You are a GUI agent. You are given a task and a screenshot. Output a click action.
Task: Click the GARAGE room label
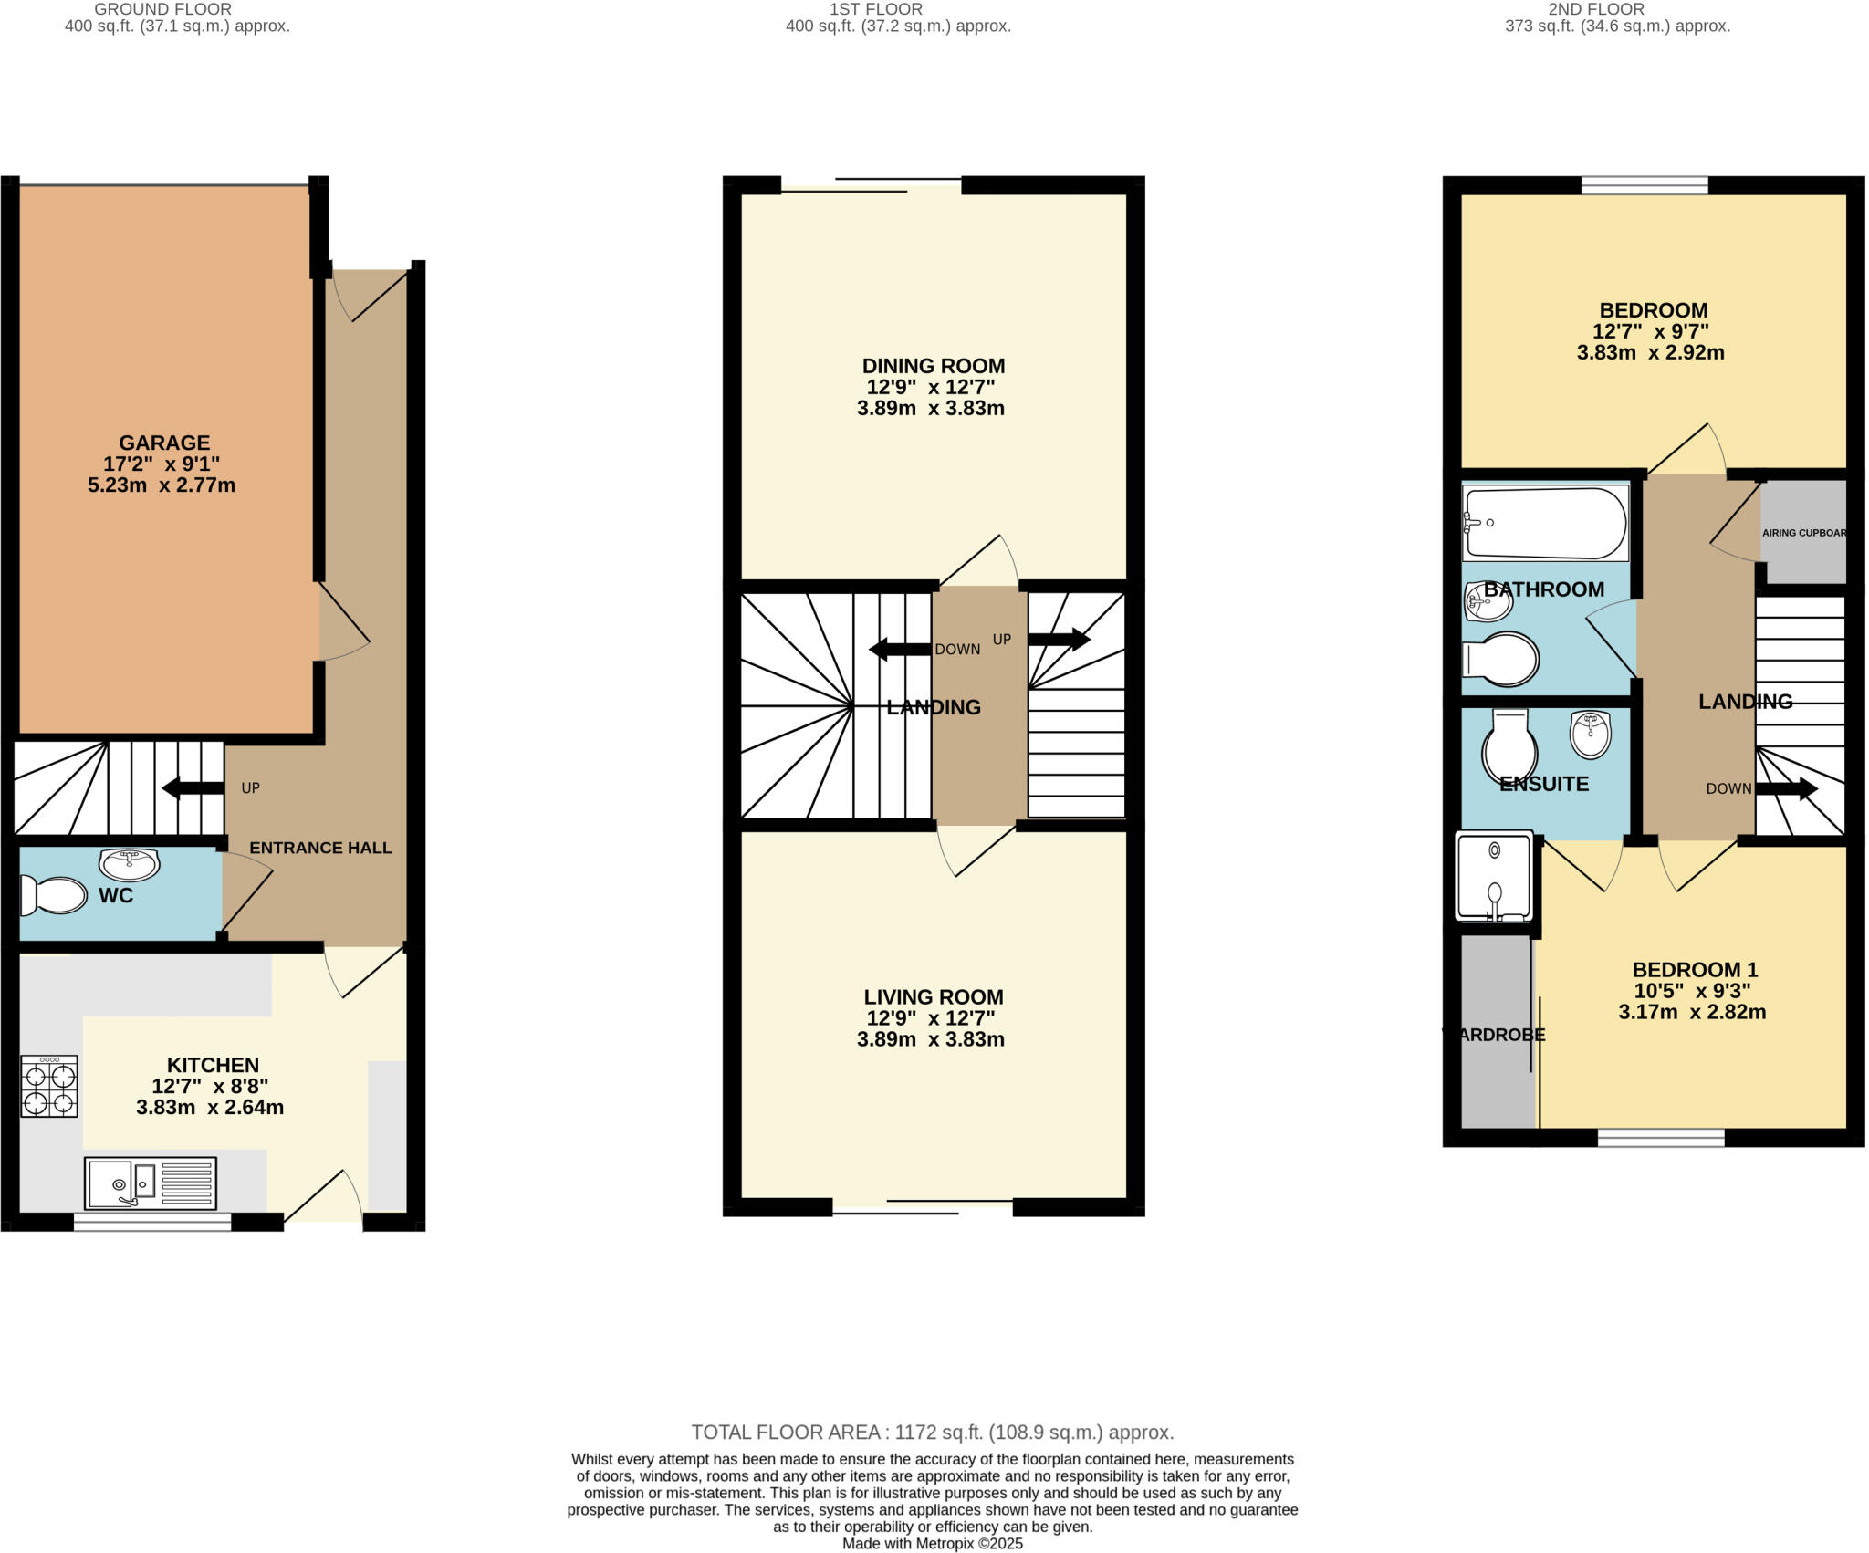pyautogui.click(x=164, y=443)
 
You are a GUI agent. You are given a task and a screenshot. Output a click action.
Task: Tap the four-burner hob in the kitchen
pyautogui.click(x=49, y=1086)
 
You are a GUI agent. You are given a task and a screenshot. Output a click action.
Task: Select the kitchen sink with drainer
pyautogui.click(x=150, y=1183)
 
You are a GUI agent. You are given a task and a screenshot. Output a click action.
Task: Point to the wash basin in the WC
pyautogui.click(x=129, y=861)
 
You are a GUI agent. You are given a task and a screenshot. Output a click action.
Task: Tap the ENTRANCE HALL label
pyautogui.click(x=320, y=848)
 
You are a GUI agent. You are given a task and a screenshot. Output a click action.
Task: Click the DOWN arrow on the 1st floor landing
pyautogui.click(x=900, y=650)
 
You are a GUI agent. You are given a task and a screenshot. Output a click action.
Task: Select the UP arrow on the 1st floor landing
pyautogui.click(x=1060, y=639)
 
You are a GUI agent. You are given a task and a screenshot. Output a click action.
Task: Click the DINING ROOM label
pyautogui.click(x=934, y=366)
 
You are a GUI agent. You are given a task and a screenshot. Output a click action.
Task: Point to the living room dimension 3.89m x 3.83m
pyautogui.click(x=930, y=1039)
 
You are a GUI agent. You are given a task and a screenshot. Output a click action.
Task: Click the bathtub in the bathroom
pyautogui.click(x=1544, y=523)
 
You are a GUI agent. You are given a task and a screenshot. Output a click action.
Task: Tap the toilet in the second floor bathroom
pyautogui.click(x=1501, y=658)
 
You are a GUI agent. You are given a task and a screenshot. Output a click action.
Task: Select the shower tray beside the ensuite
pyautogui.click(x=1494, y=876)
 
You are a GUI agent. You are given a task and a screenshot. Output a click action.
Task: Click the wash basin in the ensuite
pyautogui.click(x=1591, y=734)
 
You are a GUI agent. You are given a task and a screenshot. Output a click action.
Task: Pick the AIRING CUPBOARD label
pyautogui.click(x=1803, y=533)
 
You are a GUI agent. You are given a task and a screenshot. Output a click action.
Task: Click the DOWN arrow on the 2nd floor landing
pyautogui.click(x=1786, y=788)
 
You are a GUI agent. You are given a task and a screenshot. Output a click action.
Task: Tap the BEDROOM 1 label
pyautogui.click(x=1694, y=969)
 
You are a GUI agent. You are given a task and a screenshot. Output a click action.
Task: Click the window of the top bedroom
pyautogui.click(x=1644, y=186)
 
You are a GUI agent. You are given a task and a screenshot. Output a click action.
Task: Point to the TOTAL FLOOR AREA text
pyautogui.click(x=932, y=1432)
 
